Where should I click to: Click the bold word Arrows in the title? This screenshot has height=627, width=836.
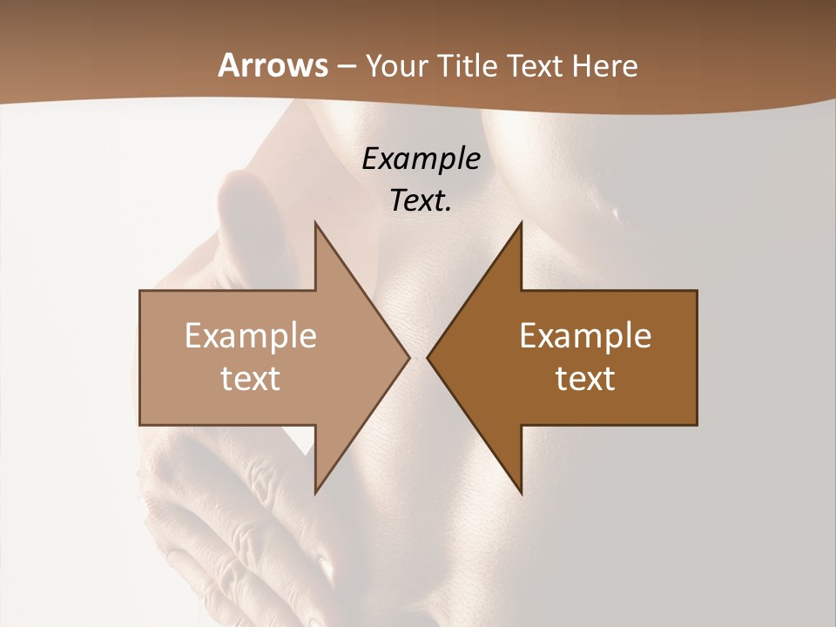[x=273, y=65]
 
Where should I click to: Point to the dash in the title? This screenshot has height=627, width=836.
[x=347, y=67]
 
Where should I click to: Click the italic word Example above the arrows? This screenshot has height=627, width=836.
[x=421, y=158]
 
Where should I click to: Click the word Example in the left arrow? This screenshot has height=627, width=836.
[x=251, y=335]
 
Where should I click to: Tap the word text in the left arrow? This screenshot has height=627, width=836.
[x=251, y=378]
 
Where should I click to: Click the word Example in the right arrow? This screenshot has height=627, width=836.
[x=585, y=335]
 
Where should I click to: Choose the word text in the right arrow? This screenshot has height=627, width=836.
[x=585, y=378]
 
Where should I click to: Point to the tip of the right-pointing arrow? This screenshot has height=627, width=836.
[x=410, y=357]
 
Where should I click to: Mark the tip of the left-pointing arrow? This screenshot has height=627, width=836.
[x=427, y=357]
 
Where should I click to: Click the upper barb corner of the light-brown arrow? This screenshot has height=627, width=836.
[x=315, y=222]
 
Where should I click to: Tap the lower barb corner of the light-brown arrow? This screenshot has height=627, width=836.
[x=315, y=493]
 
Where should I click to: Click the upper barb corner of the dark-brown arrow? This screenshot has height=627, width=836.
[x=522, y=222]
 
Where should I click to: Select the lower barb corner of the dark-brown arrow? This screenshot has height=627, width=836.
[x=522, y=493]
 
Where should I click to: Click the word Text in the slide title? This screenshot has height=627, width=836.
[x=534, y=66]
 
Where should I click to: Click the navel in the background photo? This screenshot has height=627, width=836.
[x=617, y=213]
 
